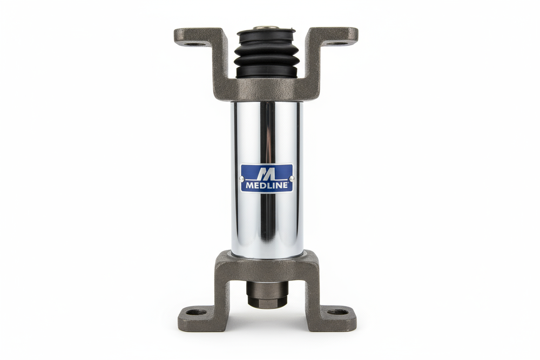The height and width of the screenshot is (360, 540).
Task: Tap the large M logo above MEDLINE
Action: click(266, 173)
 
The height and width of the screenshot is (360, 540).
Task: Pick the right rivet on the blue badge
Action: click(292, 178)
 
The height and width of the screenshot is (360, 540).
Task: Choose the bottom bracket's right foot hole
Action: click(338, 312)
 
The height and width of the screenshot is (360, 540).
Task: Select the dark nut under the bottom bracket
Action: click(266, 295)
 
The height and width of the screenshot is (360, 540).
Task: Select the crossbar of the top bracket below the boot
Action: click(266, 90)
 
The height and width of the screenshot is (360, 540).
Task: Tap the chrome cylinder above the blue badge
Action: click(266, 132)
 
